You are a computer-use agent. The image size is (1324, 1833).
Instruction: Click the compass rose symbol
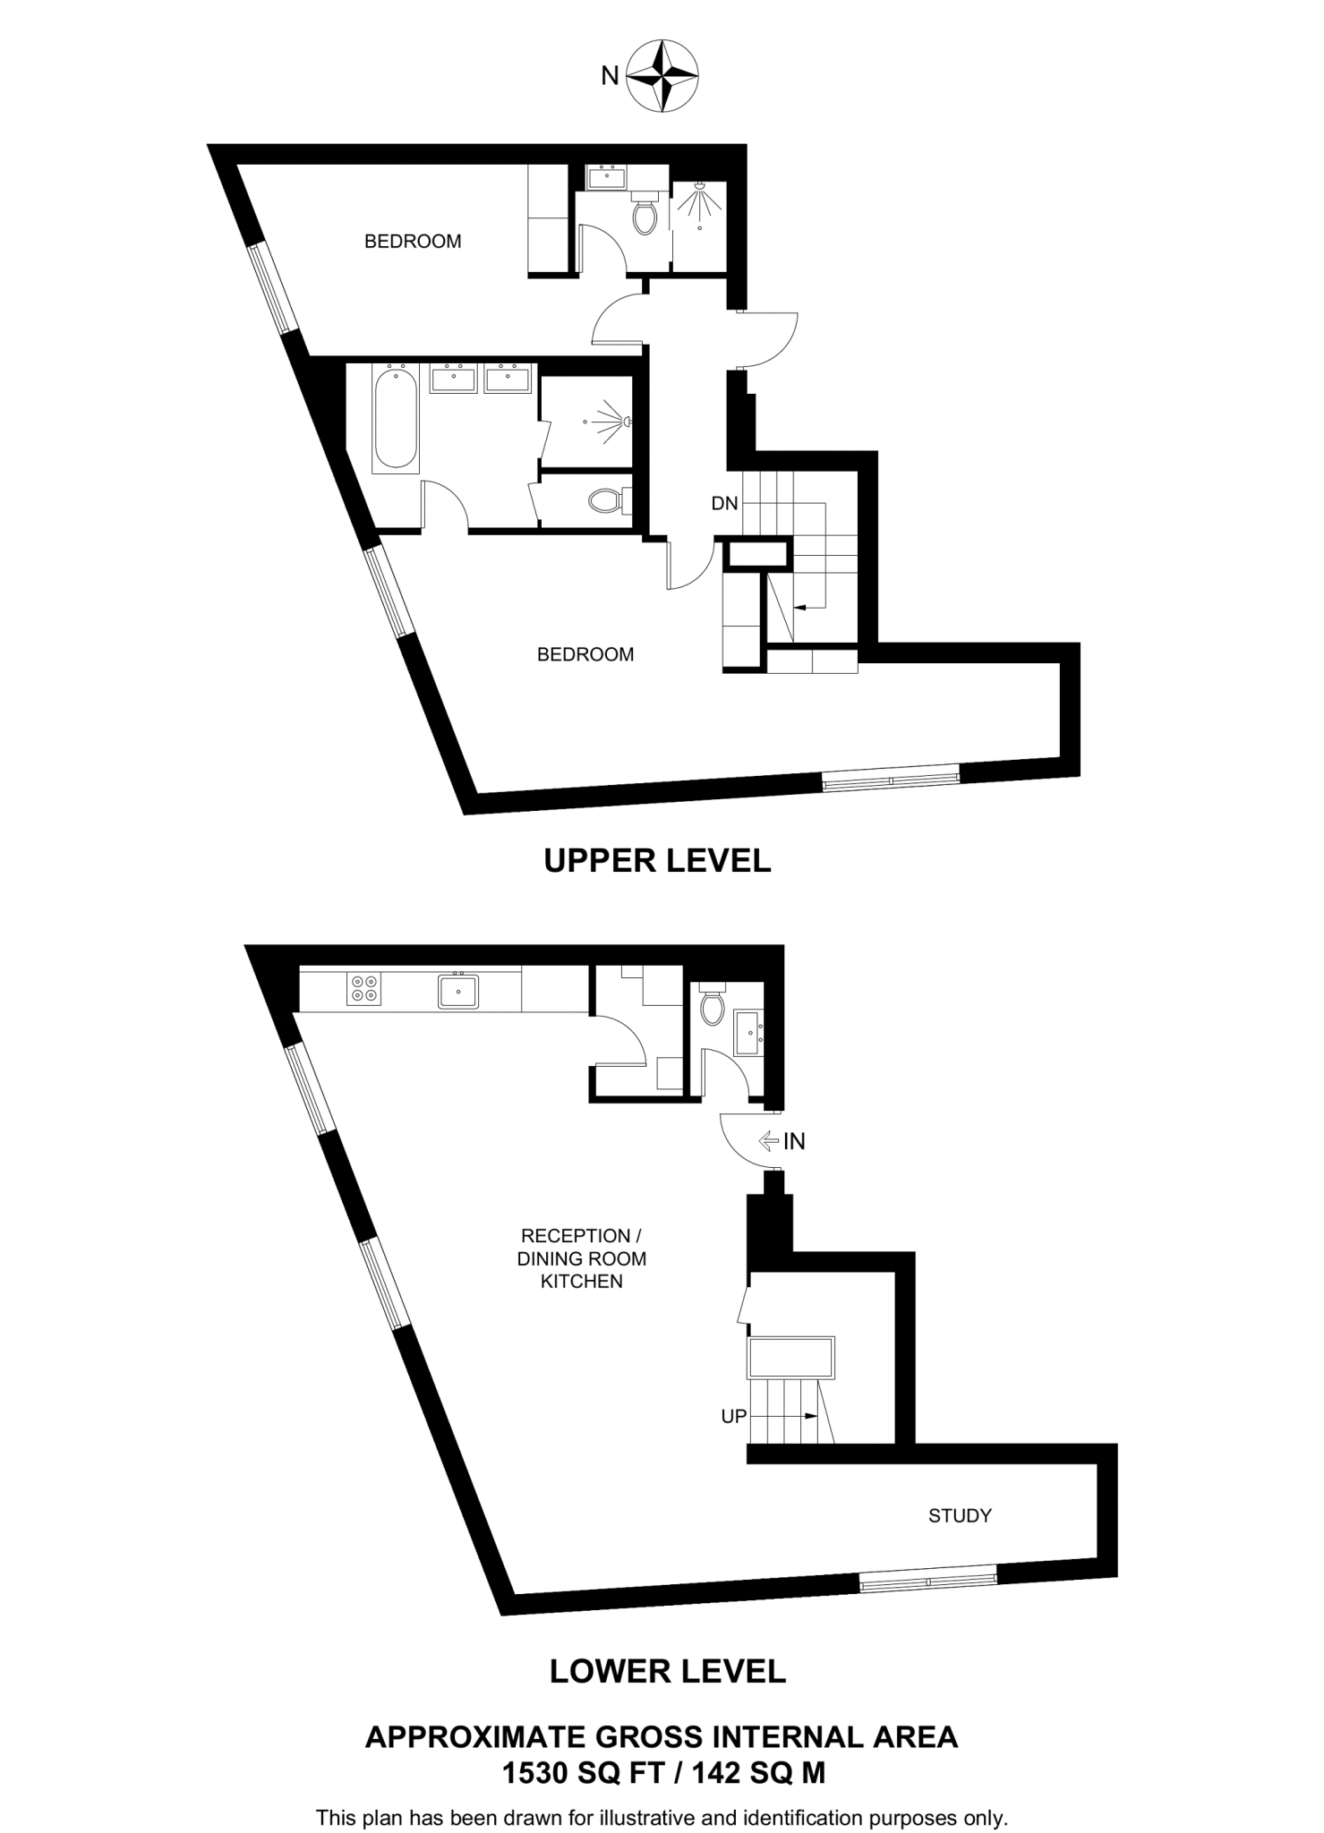coord(662,76)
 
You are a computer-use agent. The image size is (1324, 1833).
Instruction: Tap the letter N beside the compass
coord(610,77)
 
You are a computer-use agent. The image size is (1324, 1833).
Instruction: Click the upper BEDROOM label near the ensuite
coord(413,241)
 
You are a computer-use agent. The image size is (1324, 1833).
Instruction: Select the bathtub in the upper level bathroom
coord(396,419)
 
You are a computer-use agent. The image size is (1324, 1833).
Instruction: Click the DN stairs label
coord(724,504)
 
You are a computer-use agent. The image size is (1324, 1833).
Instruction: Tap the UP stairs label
coord(733,1417)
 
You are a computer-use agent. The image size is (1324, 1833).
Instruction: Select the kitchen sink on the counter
coord(458,991)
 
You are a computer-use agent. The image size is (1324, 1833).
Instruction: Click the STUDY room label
coord(960,1515)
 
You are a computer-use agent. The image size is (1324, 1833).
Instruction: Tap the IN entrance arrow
coord(769,1141)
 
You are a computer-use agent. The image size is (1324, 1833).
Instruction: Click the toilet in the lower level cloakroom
coord(713,1007)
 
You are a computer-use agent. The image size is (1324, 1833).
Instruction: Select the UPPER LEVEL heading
coord(657,861)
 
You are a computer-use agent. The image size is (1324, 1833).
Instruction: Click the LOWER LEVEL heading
coord(668,1670)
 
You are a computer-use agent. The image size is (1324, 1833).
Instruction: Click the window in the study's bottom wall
coord(928,1582)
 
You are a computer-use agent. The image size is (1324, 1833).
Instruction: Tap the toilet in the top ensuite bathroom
coord(645,214)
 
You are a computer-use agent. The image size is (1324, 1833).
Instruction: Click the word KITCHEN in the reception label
coord(581,1282)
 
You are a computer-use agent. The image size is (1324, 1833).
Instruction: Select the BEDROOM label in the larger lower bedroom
coord(585,654)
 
